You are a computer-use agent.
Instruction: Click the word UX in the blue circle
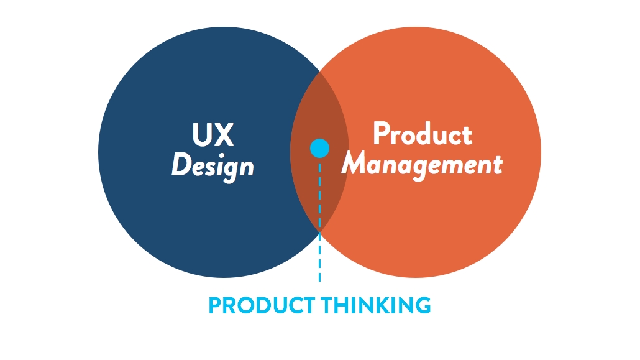213,134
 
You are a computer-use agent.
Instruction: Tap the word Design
213,166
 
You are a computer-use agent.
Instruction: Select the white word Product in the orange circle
423,133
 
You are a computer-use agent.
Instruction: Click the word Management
422,165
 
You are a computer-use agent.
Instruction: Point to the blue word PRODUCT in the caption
262,305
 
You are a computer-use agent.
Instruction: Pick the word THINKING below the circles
376,305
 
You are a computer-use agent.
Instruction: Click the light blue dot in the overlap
319,148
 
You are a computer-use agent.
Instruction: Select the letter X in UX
224,134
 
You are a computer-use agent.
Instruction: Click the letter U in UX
202,135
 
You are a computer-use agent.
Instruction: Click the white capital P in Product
382,133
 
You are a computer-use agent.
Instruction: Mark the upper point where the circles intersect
319,72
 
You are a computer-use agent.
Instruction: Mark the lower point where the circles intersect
319,232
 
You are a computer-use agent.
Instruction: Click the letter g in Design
229,171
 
